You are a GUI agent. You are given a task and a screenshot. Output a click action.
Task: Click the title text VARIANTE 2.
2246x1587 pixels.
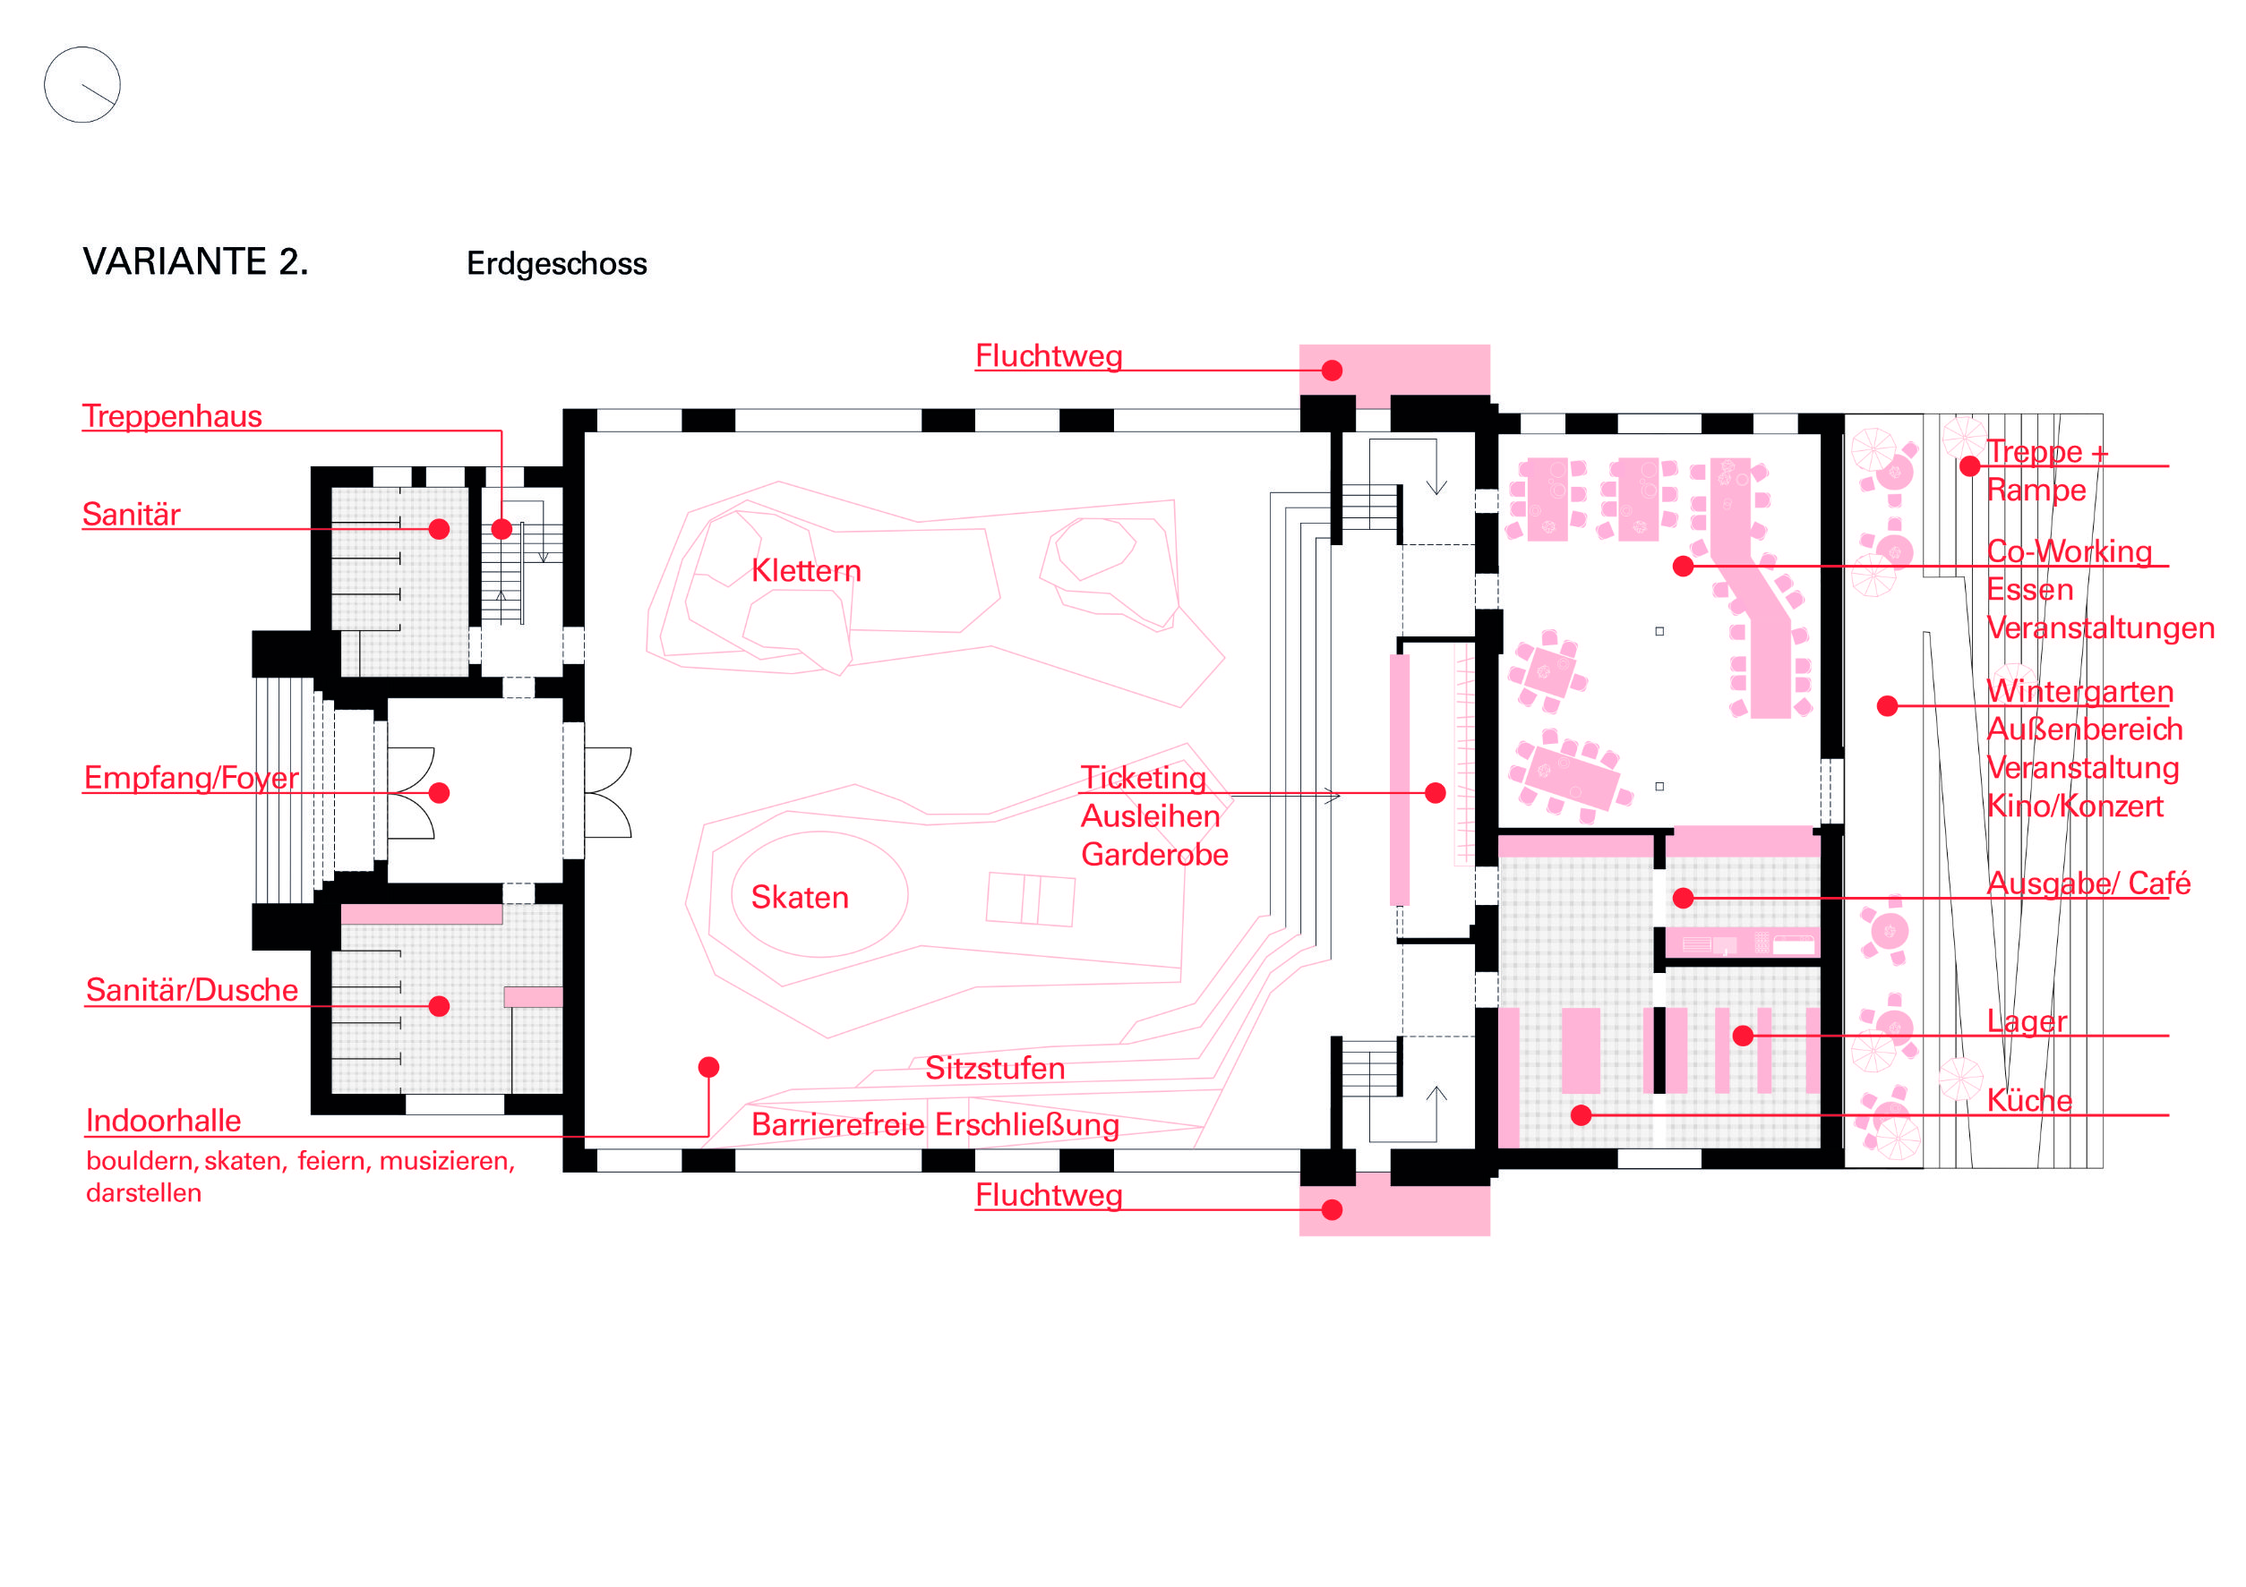pos(195,262)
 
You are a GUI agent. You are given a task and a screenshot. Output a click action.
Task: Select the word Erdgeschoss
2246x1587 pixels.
pos(557,264)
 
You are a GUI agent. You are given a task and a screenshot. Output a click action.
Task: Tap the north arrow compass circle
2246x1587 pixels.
pos(82,85)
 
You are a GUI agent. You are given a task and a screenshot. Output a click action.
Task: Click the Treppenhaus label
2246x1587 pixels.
pos(172,416)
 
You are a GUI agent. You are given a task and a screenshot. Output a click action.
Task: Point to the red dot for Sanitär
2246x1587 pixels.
pos(439,529)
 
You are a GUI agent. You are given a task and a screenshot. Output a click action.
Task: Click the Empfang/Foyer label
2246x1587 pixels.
pos(192,779)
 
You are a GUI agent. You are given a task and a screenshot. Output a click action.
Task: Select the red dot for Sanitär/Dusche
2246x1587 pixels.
pos(439,1006)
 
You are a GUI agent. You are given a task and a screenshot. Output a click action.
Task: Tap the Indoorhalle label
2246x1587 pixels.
pos(163,1121)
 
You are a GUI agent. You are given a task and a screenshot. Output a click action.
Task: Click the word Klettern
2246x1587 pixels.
pos(806,571)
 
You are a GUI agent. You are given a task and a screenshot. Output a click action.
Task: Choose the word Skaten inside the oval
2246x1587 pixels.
pos(801,898)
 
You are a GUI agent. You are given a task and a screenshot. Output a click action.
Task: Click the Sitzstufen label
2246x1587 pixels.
pos(995,1068)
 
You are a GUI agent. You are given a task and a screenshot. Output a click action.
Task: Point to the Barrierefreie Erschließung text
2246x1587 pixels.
pos(935,1124)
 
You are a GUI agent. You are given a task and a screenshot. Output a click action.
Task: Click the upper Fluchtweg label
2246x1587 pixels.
pos(1049,356)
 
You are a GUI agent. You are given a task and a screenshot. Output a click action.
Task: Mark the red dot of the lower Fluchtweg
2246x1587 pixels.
pos(1332,1209)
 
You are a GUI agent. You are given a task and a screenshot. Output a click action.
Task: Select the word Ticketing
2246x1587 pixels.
pos(1144,779)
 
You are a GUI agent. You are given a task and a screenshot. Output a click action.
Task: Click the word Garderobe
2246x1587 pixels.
pos(1154,855)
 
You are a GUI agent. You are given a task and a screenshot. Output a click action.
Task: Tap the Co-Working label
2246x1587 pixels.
pos(2069,551)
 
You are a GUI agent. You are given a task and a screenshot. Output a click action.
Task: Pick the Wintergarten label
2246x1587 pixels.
pos(2079,691)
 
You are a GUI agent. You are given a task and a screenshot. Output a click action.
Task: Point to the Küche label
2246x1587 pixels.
pos(2029,1100)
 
